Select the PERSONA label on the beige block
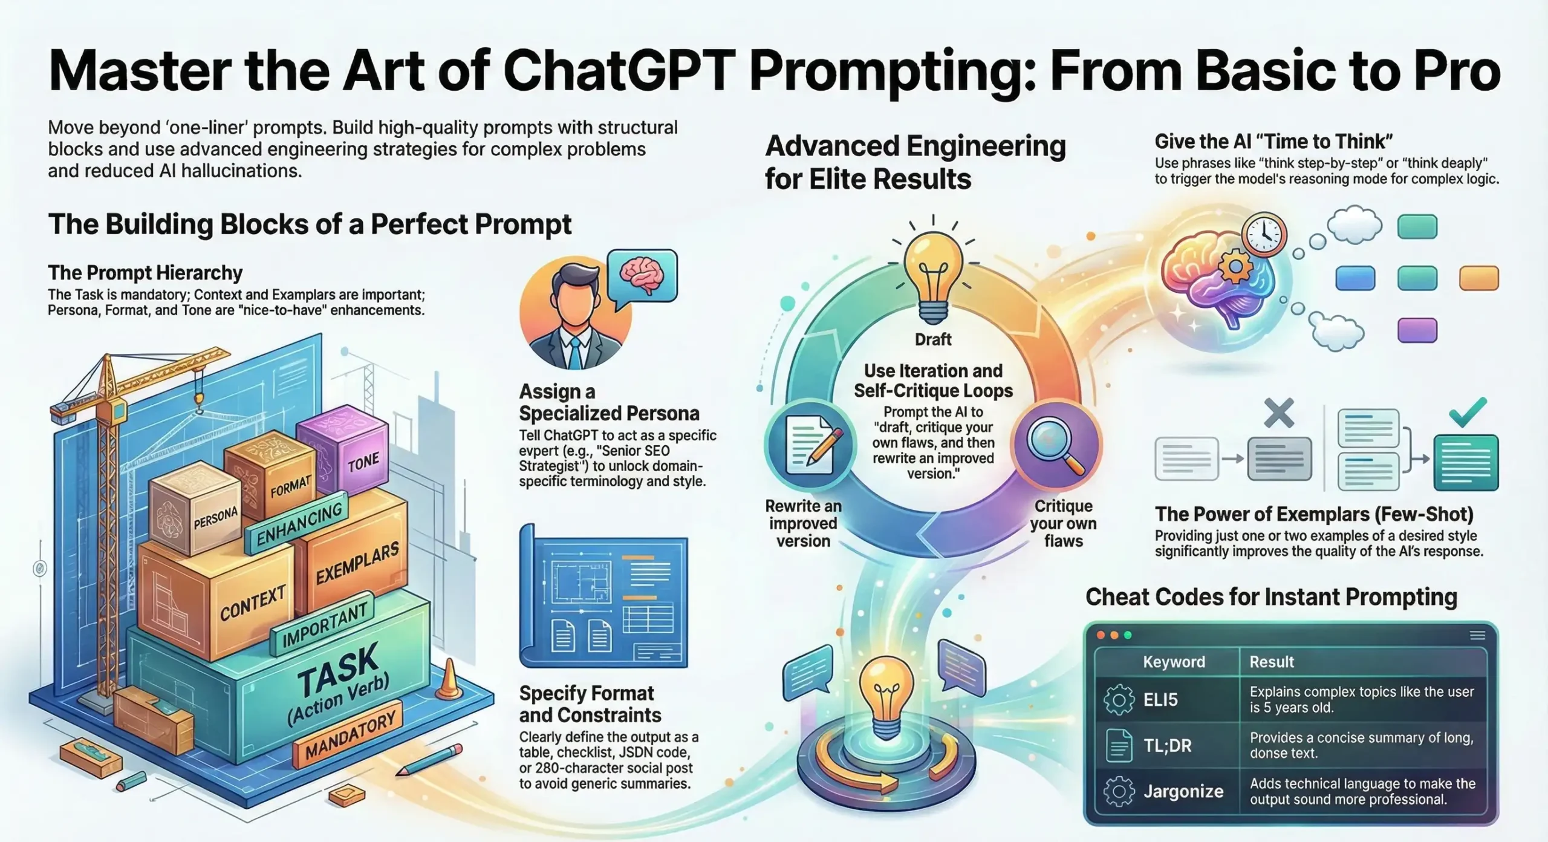point(216,518)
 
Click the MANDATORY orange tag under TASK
point(350,736)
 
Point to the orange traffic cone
point(449,680)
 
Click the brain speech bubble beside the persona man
point(642,275)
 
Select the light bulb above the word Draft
point(933,272)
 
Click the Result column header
point(1272,662)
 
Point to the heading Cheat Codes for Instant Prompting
point(1271,597)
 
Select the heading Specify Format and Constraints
point(590,704)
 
